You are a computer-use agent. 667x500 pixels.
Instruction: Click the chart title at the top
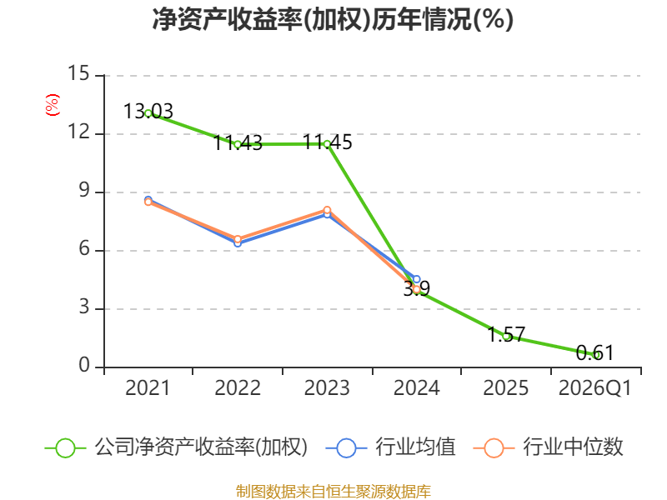(333, 19)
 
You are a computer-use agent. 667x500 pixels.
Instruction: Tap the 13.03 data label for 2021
(148, 112)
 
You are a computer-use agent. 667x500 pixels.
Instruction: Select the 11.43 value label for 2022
(238, 142)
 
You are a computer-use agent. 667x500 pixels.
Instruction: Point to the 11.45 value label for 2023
(327, 142)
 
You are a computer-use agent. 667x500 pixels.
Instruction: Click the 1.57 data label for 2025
(506, 334)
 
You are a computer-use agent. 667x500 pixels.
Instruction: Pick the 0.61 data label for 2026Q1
(594, 352)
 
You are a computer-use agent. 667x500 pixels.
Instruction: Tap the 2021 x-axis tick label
(148, 387)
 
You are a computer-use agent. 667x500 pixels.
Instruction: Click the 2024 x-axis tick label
(416, 387)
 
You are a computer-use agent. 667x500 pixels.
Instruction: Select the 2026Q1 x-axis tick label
(594, 387)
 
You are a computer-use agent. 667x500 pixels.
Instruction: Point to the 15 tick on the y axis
(78, 73)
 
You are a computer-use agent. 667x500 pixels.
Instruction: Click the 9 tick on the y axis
(84, 190)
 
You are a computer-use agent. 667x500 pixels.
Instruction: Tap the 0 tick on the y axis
(84, 365)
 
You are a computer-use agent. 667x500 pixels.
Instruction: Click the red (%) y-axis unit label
(53, 105)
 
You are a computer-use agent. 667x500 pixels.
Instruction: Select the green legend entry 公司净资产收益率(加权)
(176, 447)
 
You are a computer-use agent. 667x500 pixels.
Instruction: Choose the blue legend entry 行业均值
(390, 447)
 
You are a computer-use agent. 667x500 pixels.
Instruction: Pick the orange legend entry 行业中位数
(549, 447)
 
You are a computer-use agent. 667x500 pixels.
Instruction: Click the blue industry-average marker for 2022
(238, 243)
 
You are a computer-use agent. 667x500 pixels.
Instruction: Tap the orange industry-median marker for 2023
(327, 210)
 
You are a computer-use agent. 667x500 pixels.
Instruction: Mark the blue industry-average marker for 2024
(416, 279)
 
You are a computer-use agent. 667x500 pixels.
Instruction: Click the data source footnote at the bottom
(333, 492)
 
